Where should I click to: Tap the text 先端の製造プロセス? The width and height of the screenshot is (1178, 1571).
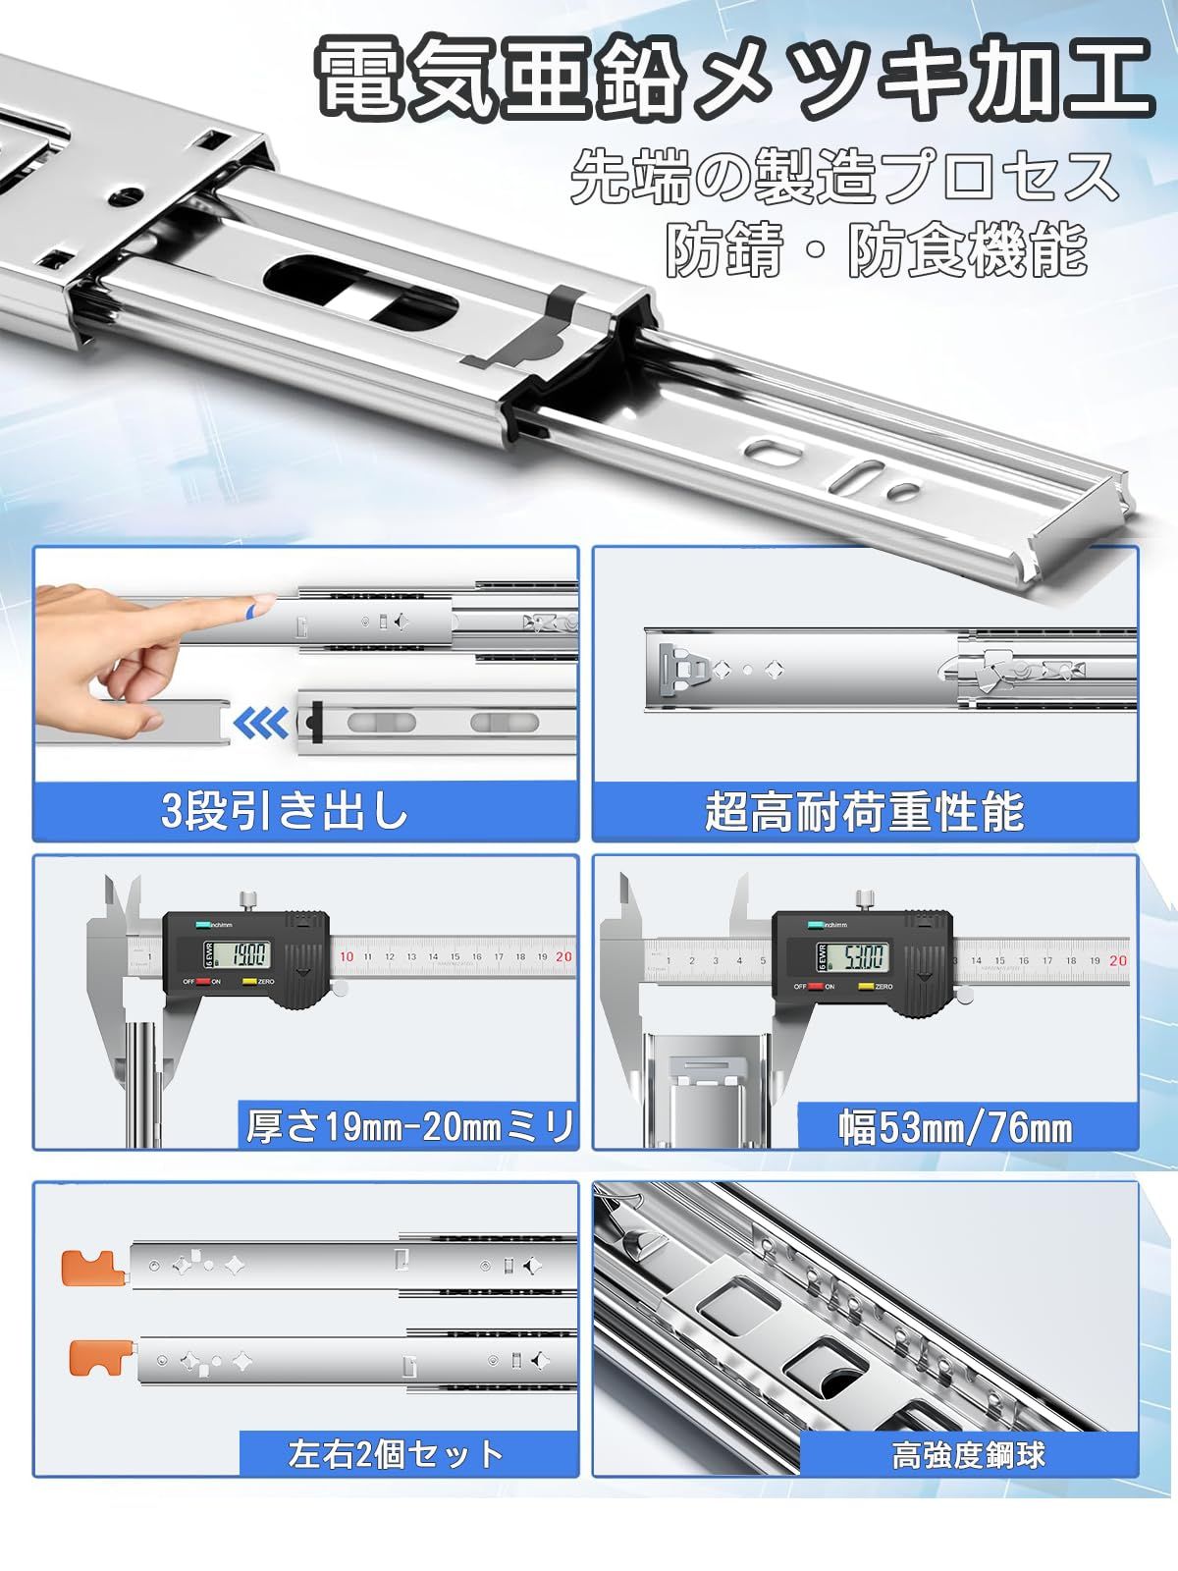pyautogui.click(x=844, y=177)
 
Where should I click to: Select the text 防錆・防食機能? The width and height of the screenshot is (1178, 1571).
pyautogui.click(x=876, y=250)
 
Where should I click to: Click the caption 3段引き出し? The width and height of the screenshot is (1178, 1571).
pyautogui.click(x=285, y=812)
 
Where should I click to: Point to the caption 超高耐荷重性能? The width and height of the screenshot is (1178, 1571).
pyautogui.click(x=864, y=812)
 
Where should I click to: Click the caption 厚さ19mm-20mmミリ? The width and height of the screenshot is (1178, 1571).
pyautogui.click(x=408, y=1126)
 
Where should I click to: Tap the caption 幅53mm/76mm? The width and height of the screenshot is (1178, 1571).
pyautogui.click(x=955, y=1128)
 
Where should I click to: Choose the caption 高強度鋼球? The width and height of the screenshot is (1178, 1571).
pyautogui.click(x=968, y=1454)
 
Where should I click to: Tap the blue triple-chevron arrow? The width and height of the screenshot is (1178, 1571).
pyautogui.click(x=261, y=725)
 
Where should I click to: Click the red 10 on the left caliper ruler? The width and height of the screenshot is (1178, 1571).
pyautogui.click(x=346, y=956)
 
